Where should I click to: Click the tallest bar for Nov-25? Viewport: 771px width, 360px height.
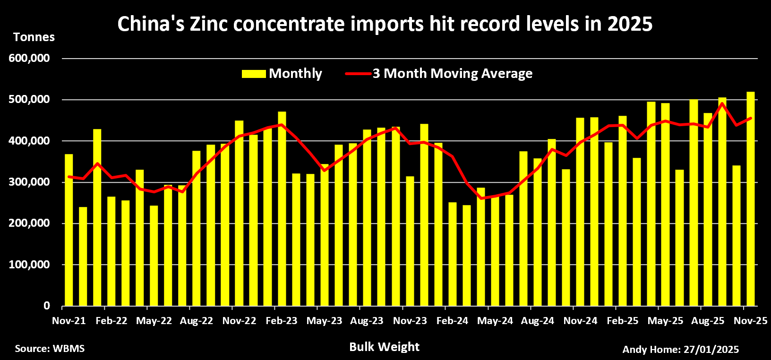point(750,198)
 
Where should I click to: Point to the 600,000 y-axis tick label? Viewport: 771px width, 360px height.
point(29,58)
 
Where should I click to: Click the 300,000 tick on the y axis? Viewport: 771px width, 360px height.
point(29,182)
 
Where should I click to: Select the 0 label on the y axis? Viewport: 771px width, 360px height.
point(46,306)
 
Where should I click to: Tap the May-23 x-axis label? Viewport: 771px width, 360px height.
point(324,321)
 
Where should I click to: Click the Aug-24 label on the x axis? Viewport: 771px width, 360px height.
point(538,321)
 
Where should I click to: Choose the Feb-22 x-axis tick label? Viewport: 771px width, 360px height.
point(111,321)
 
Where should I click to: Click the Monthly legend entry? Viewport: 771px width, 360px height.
point(282,74)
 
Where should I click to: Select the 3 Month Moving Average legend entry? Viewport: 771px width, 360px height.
point(439,74)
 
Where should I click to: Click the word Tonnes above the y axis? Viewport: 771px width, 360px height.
point(34,37)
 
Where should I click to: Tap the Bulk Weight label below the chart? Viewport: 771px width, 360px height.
point(384,347)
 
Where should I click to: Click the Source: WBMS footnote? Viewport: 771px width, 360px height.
point(50,349)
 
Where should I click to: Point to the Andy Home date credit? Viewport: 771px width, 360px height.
point(680,350)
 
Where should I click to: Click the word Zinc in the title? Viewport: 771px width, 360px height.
point(208,24)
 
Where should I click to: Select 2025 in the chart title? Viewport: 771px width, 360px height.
point(630,24)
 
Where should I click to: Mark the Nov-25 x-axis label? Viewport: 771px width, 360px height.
point(750,321)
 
